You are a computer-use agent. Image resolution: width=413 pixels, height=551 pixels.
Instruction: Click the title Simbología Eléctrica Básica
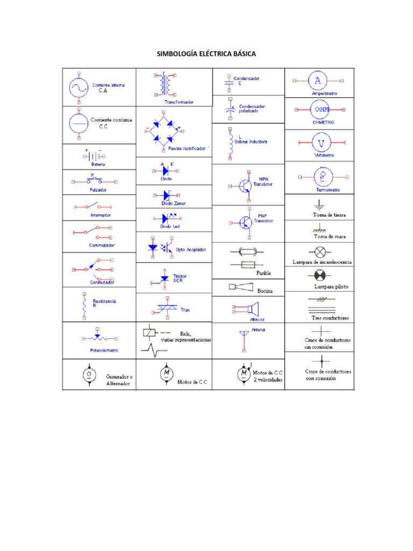(206, 54)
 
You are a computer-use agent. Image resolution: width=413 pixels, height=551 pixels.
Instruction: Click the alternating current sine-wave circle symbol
(78, 87)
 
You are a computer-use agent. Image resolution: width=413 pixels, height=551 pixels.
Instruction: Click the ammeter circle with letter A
(318, 81)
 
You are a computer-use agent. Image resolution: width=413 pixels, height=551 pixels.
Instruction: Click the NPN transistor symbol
(245, 186)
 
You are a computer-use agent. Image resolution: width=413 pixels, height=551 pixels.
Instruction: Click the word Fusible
(264, 273)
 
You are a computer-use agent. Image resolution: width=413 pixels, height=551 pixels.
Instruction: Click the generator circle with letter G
(89, 375)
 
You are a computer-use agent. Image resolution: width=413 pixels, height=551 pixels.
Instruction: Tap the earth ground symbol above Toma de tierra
(319, 204)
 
